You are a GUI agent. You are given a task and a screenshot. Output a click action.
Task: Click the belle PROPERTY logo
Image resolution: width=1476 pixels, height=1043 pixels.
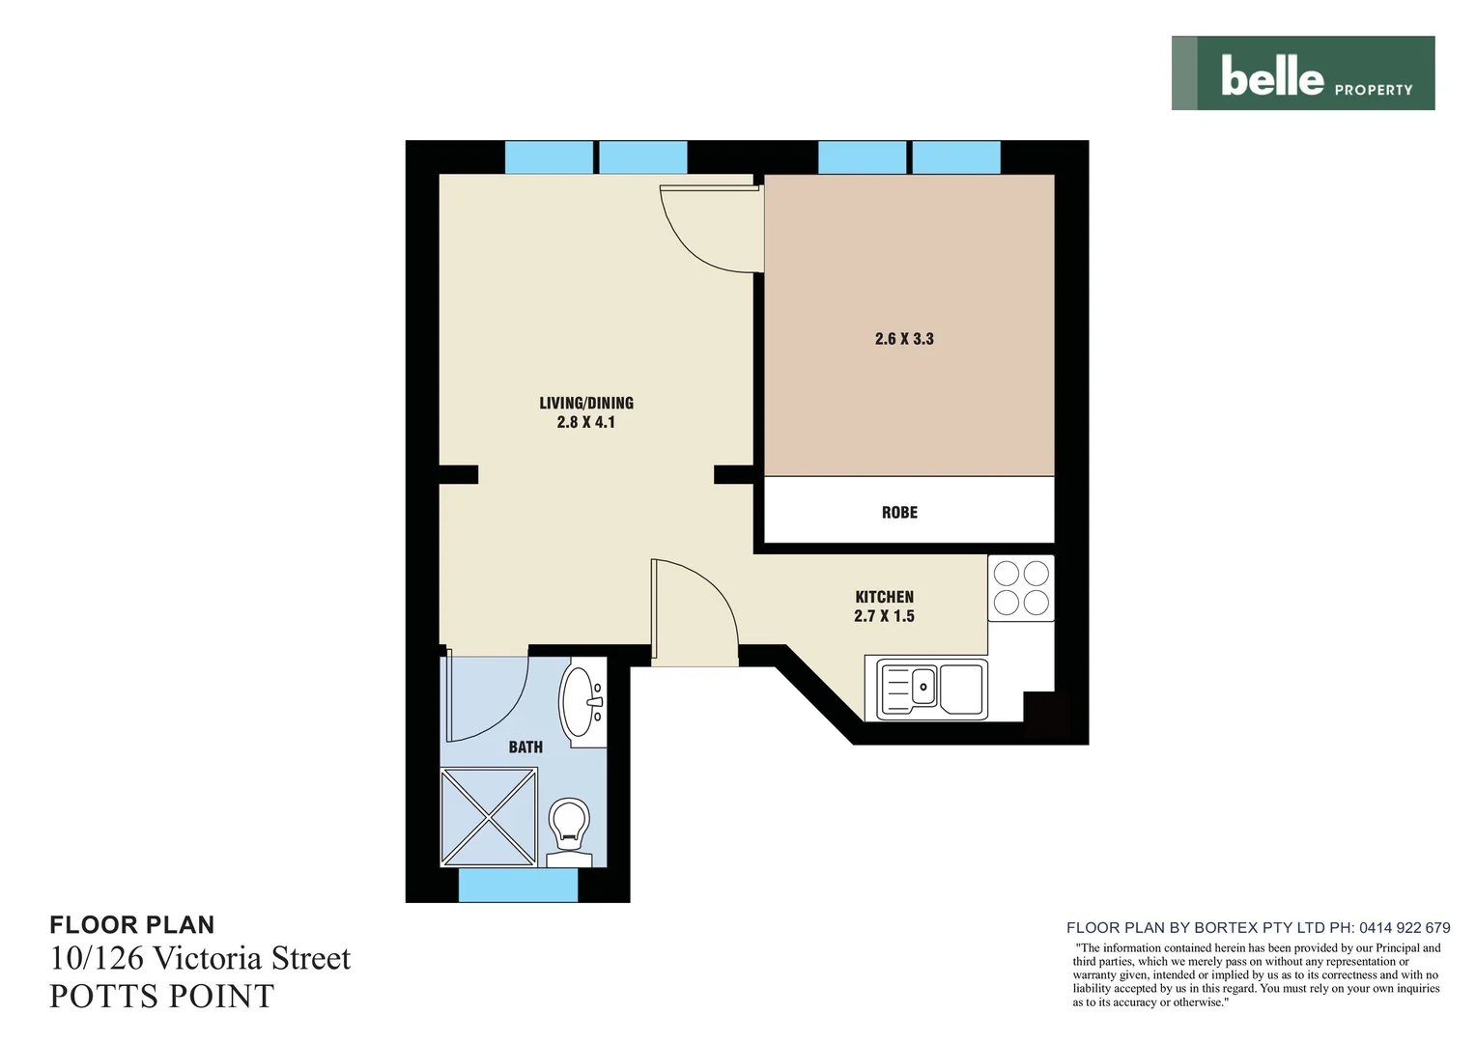(x=1302, y=73)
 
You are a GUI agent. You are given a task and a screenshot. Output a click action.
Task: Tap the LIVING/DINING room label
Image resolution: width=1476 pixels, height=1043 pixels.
(x=585, y=403)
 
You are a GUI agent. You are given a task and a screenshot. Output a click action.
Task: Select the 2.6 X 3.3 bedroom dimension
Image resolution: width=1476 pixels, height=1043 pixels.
(x=904, y=339)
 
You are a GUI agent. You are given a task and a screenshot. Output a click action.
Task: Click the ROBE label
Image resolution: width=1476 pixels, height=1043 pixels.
(x=899, y=513)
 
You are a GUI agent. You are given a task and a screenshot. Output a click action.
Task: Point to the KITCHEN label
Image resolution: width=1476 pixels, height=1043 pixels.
(x=884, y=597)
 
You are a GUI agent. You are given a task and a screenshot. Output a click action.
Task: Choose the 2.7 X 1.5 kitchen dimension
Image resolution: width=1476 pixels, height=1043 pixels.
(x=884, y=616)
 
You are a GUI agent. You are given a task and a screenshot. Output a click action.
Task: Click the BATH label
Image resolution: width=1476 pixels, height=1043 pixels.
(x=525, y=747)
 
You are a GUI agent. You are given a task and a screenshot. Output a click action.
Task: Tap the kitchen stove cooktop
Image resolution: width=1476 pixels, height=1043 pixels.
(x=1021, y=588)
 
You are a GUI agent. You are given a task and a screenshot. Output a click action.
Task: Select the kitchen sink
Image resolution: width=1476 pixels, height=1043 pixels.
(x=931, y=689)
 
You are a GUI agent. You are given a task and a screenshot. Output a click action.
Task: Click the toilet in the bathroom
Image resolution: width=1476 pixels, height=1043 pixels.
(x=569, y=829)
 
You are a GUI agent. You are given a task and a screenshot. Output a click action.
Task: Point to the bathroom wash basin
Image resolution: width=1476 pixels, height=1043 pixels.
(x=582, y=702)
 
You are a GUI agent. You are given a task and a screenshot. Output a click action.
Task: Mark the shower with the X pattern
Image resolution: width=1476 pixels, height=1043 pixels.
(x=489, y=817)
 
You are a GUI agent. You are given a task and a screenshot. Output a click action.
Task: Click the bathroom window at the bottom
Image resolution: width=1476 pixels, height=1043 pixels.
(x=518, y=885)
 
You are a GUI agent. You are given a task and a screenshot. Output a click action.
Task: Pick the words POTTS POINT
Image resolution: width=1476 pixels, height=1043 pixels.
(x=162, y=997)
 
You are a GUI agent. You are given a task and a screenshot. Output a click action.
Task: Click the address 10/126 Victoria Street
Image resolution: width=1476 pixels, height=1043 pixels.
(x=200, y=958)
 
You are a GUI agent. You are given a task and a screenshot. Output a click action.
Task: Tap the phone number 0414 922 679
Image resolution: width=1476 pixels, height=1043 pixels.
(x=1405, y=927)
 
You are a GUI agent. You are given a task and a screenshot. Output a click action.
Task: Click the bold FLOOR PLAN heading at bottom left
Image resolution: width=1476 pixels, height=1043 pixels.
(x=132, y=925)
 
